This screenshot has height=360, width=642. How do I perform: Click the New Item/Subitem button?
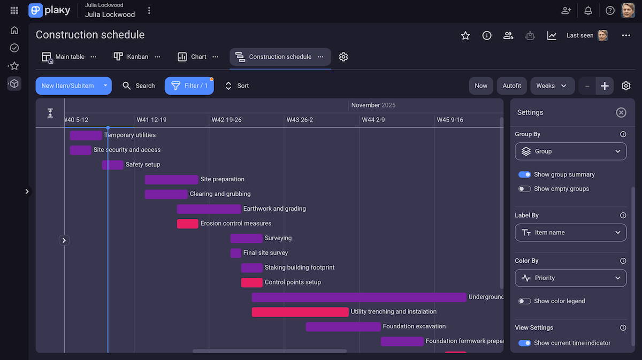(x=67, y=86)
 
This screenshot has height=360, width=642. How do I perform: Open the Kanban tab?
(x=132, y=57)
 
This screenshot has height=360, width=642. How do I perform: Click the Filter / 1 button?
(x=189, y=86)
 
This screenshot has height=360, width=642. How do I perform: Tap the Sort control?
(x=237, y=86)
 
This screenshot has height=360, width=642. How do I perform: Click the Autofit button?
(x=512, y=86)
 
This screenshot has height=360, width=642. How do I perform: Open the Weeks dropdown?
(x=552, y=86)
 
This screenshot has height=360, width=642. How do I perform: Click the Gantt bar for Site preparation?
(x=171, y=180)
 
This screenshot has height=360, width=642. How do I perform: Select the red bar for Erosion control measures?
(x=187, y=224)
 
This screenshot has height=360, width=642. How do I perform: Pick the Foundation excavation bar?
(x=343, y=326)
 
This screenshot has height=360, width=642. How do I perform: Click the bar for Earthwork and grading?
(x=209, y=209)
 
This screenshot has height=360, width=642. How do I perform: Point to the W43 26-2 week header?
(x=300, y=120)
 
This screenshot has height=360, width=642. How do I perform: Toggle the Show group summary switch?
(x=525, y=174)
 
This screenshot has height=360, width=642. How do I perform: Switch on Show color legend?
(x=525, y=301)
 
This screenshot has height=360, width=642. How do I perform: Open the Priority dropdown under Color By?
(x=570, y=278)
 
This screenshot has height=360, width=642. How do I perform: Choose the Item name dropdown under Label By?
(x=570, y=233)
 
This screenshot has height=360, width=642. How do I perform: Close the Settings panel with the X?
(x=621, y=112)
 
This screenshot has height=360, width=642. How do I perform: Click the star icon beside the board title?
(x=465, y=35)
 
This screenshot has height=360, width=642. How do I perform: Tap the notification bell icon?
(x=588, y=10)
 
